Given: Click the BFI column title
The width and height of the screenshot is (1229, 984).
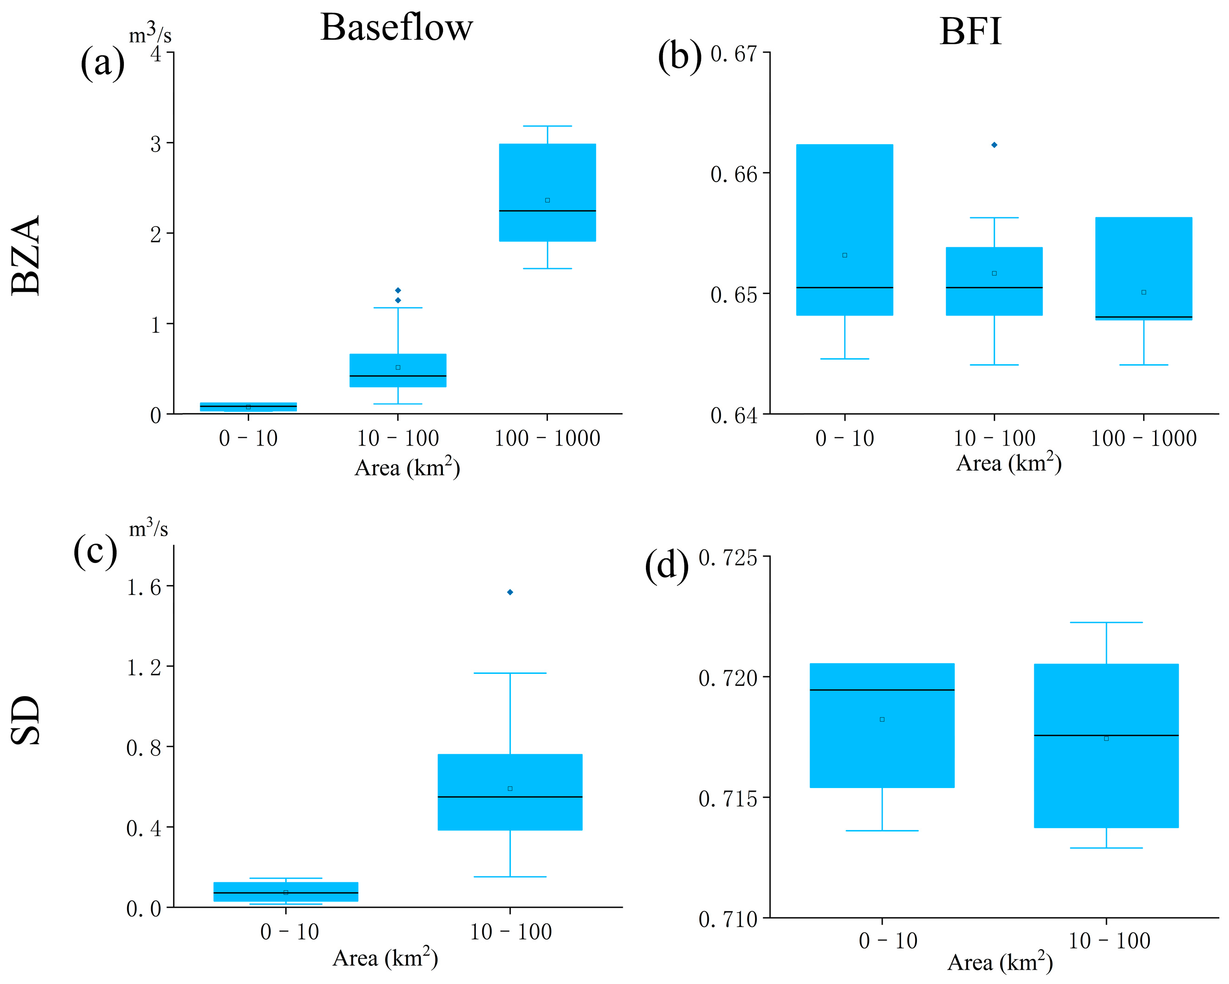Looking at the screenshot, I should [x=970, y=31].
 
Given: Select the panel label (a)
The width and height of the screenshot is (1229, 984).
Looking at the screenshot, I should [x=102, y=63].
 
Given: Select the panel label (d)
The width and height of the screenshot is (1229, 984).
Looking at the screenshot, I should [x=666, y=565].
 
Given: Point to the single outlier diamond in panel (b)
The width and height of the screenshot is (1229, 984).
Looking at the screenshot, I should [x=994, y=145].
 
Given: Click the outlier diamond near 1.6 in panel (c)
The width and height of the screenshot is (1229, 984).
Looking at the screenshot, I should [x=510, y=592].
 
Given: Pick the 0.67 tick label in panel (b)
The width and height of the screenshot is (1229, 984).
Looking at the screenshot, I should [x=734, y=54].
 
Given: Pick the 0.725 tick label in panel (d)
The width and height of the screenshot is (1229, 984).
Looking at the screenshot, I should [x=728, y=558].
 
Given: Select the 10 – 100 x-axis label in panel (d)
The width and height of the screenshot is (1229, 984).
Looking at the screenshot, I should [x=1109, y=941].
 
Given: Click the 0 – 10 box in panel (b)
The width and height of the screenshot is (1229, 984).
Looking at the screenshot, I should [x=844, y=229].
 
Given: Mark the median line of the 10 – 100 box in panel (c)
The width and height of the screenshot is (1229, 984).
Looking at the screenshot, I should [x=510, y=796].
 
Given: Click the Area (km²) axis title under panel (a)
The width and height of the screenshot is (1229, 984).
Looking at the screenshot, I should [x=407, y=468].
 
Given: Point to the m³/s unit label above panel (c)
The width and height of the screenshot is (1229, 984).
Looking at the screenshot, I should [x=148, y=529].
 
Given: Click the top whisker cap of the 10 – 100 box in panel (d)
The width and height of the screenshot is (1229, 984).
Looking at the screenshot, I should [x=1106, y=622].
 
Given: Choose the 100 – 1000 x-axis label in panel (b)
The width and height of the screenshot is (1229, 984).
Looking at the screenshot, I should [x=1143, y=438].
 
